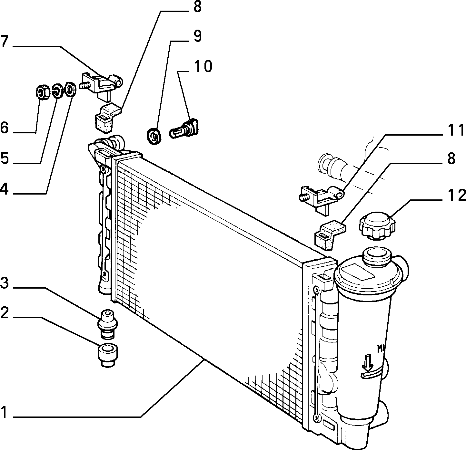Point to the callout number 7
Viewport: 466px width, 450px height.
pyautogui.click(x=5, y=41)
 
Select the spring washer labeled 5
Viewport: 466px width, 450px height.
pyautogui.click(x=56, y=91)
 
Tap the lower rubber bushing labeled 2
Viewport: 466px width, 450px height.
pyautogui.click(x=108, y=355)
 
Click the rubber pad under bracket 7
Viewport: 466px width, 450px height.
pyautogui.click(x=107, y=117)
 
